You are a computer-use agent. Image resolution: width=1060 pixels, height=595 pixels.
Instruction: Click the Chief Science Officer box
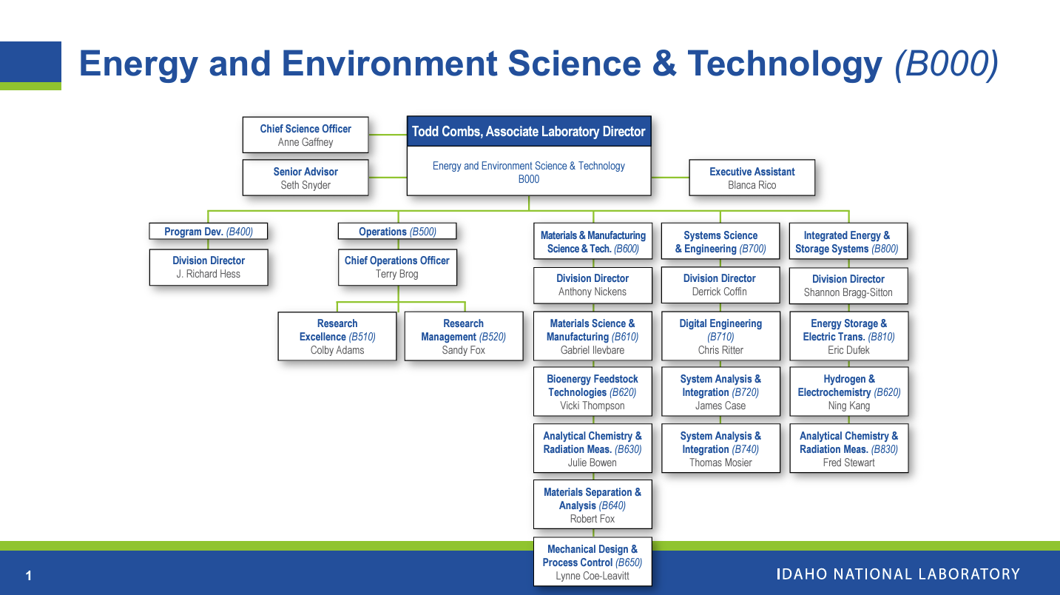(305, 135)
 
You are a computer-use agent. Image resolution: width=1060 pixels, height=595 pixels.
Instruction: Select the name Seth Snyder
(305, 185)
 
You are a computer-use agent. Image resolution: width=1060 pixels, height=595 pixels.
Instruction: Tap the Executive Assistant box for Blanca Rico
(752, 178)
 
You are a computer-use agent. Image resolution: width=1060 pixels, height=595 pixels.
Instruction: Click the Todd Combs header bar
(528, 132)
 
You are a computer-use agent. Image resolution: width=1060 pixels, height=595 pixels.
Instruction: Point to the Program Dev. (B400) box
(209, 232)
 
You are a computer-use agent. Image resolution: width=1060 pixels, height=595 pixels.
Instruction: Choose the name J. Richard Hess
(209, 274)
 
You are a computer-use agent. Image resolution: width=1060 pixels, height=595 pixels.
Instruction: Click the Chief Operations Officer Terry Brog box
(397, 267)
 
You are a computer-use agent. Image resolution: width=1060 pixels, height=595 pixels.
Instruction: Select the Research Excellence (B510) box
(337, 336)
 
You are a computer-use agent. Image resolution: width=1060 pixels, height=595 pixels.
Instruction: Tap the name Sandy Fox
(463, 350)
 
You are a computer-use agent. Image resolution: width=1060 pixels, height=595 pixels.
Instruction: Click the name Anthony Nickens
(593, 292)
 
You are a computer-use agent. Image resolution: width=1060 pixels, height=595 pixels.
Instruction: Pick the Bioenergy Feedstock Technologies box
(593, 391)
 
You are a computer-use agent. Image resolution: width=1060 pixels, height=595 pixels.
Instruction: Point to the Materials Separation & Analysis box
(593, 505)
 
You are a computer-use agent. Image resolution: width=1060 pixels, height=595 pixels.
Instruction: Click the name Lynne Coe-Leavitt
(593, 576)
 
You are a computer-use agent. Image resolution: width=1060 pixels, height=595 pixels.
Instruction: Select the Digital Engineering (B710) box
(720, 336)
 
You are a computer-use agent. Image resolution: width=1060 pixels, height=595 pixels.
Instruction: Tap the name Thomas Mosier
(720, 463)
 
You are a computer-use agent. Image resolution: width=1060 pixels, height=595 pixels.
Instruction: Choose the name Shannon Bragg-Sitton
(848, 292)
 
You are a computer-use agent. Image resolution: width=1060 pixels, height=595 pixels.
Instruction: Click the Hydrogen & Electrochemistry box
(848, 391)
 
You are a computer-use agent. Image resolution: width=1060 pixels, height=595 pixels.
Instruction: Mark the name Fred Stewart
(848, 463)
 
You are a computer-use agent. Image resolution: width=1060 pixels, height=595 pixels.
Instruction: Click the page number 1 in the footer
(29, 576)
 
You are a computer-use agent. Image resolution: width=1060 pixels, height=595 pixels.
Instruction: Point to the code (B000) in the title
(946, 64)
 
